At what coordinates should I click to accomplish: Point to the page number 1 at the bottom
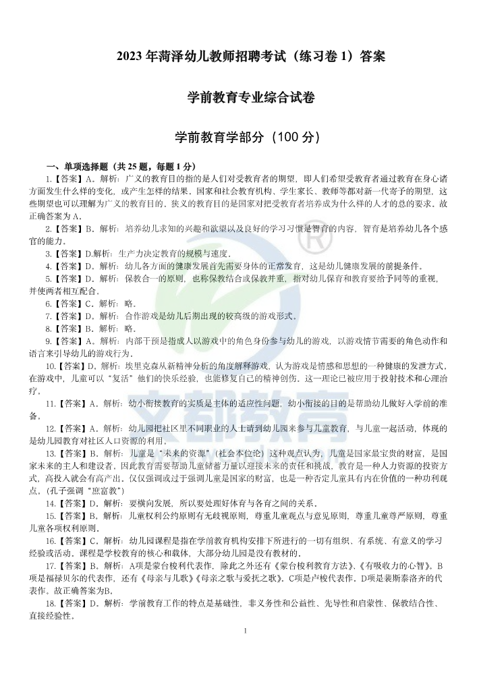point(245,630)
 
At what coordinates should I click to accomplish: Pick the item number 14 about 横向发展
point(50,503)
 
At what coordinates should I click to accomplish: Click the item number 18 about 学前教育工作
point(50,602)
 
